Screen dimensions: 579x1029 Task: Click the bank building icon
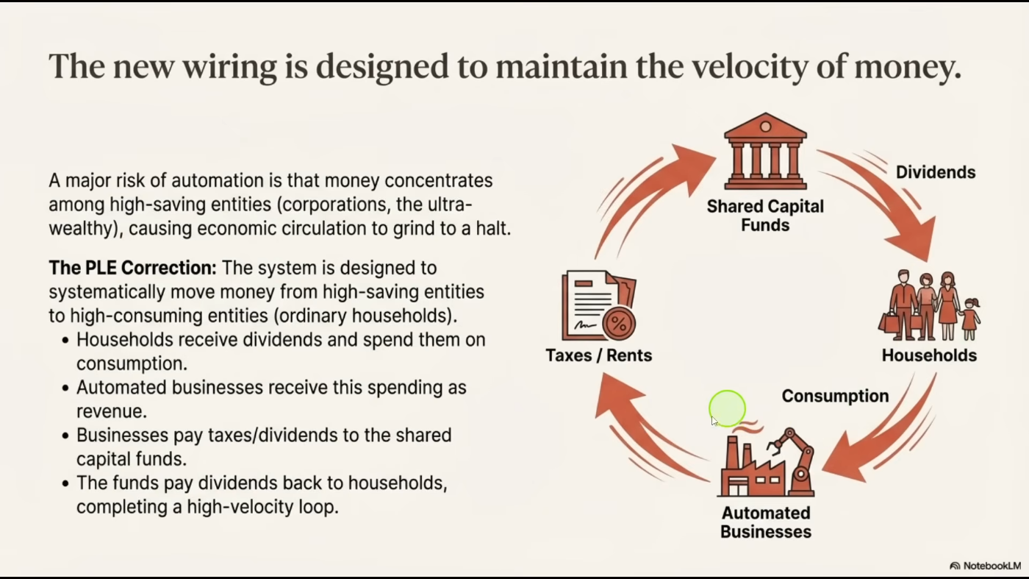(765, 152)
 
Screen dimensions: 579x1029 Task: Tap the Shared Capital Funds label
(765, 216)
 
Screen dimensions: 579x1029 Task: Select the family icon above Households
(929, 306)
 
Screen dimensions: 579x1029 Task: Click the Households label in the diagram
(929, 356)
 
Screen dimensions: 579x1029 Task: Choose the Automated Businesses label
(766, 522)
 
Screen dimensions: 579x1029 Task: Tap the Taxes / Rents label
(598, 356)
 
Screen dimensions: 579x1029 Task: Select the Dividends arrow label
(935, 173)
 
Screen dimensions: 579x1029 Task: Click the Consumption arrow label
(835, 397)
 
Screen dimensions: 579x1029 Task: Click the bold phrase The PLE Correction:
(132, 268)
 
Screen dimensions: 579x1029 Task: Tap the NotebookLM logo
(984, 566)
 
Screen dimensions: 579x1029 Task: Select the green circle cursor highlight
(728, 408)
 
